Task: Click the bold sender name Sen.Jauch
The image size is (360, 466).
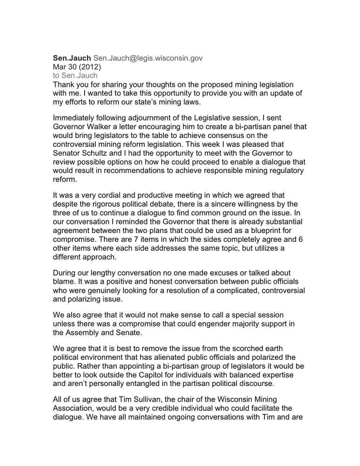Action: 72,58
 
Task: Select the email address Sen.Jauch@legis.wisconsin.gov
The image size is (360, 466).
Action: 148,58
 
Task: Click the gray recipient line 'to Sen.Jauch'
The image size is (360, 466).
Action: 75,75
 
